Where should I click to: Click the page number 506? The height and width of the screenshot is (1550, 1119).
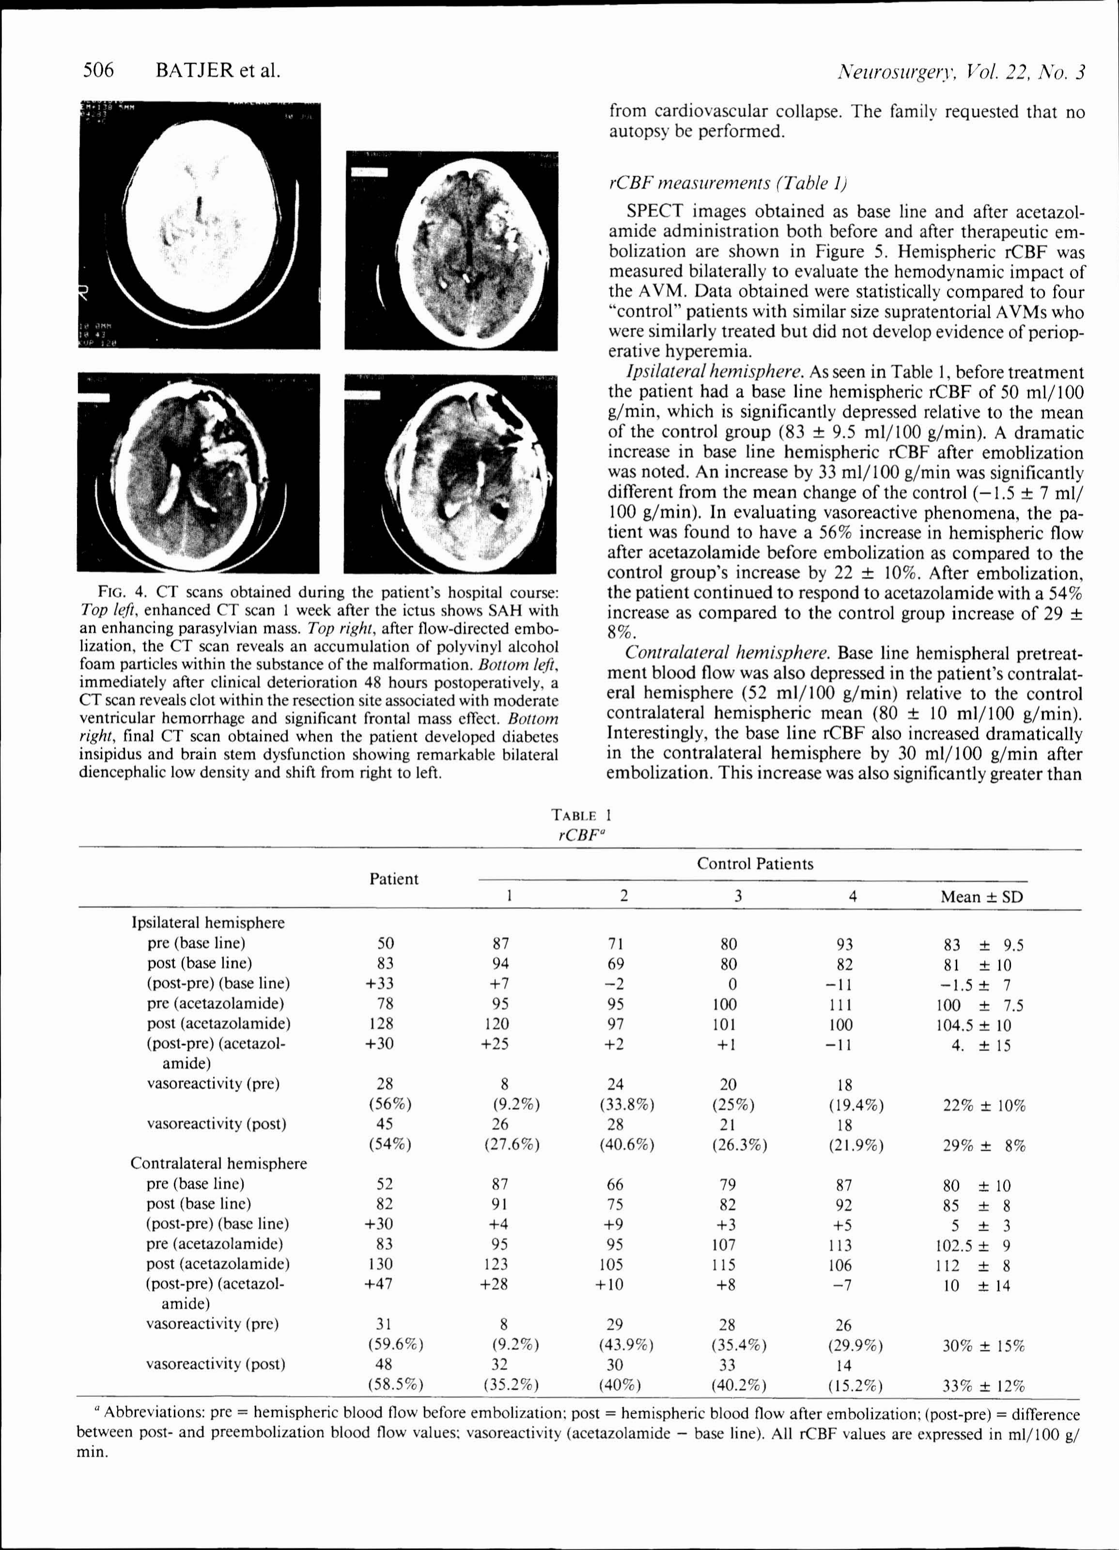[98, 70]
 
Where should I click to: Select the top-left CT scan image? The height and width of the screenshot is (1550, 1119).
[199, 226]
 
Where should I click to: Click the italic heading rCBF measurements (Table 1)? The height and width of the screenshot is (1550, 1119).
[728, 183]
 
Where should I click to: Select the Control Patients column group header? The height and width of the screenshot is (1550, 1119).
[755, 864]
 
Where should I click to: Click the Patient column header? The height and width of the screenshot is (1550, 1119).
[394, 879]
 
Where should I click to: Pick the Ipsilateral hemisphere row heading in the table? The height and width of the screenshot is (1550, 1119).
[208, 923]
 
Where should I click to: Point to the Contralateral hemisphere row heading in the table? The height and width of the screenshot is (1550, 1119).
[218, 1163]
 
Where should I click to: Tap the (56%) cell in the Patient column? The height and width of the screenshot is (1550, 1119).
[389, 1104]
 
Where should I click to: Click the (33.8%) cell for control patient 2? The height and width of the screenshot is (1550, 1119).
[622, 1104]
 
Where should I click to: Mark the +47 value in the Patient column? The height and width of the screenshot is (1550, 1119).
[383, 1284]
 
